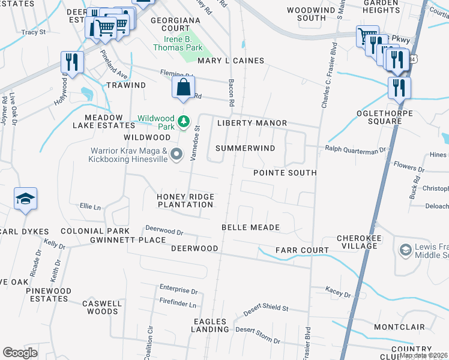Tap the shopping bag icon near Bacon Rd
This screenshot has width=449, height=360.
tap(183, 88)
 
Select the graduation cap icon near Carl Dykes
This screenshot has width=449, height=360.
tap(26, 199)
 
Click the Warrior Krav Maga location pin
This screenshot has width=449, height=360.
tap(176, 155)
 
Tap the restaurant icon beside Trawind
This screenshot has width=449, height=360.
tap(71, 62)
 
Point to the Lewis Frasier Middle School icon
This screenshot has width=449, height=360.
tap(405, 249)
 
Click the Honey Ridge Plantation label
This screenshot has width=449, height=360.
tap(185, 200)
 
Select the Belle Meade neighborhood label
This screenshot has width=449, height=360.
tap(250, 227)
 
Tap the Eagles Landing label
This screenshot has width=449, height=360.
tap(211, 325)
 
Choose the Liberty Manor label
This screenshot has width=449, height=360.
tap(252, 123)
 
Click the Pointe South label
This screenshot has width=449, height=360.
tap(285, 173)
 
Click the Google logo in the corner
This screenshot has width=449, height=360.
tap(20, 353)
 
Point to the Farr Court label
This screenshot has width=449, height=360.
tap(302, 250)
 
